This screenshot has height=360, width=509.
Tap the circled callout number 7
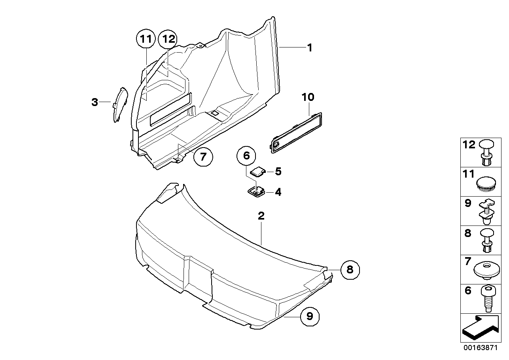pyautogui.click(x=203, y=157)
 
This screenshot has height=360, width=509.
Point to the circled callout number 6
pyautogui.click(x=246, y=156)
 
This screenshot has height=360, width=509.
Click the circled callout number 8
pyautogui.click(x=350, y=270)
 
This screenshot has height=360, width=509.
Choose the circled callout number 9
pyautogui.click(x=310, y=316)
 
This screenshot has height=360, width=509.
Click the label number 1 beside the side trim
pyautogui.click(x=310, y=48)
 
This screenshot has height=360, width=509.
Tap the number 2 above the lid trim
pyautogui.click(x=261, y=216)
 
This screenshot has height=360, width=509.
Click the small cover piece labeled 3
pyautogui.click(x=120, y=104)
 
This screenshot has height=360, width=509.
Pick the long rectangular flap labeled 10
pyautogui.click(x=296, y=132)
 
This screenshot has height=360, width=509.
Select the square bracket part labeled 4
pyautogui.click(x=256, y=192)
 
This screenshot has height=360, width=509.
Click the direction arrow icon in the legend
pyautogui.click(x=480, y=328)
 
